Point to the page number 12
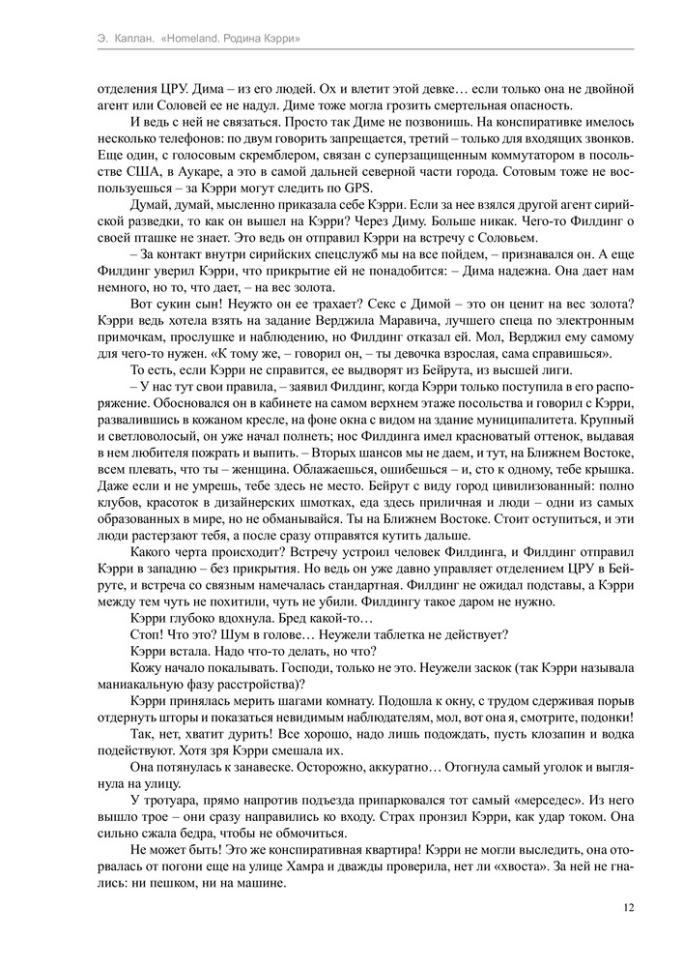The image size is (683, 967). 628,907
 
